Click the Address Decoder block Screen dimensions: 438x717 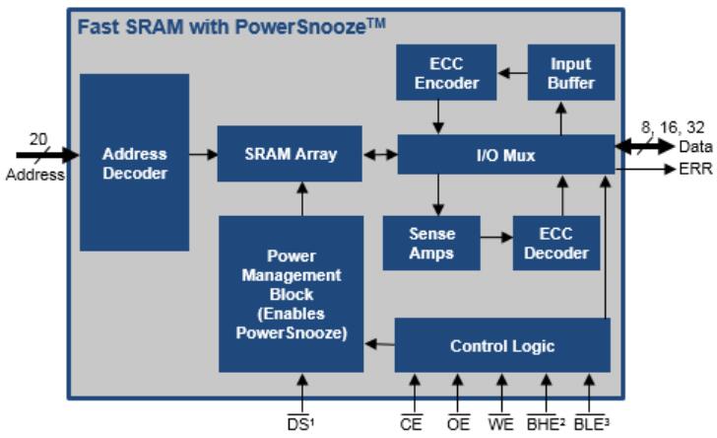134,163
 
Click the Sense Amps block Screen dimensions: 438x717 431,243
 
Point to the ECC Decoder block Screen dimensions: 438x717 556,243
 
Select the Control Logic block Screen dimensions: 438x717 501,345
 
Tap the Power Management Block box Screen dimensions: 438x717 291,294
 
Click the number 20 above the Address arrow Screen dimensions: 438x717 37,139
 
